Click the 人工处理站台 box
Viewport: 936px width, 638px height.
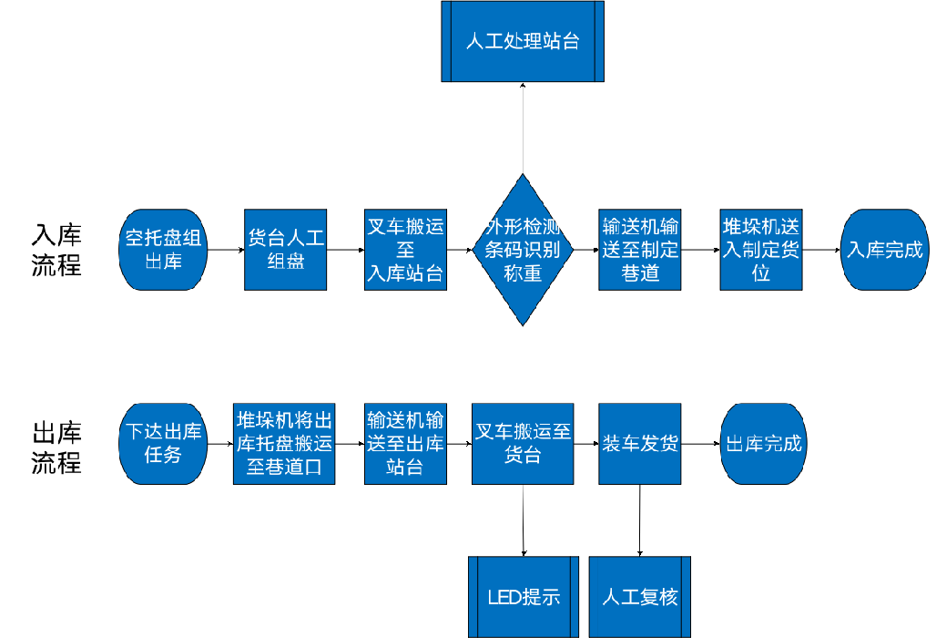point(523,41)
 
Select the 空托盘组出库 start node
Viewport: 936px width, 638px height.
point(163,250)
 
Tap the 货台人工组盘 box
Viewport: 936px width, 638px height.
point(285,250)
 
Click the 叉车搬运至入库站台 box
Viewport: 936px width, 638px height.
point(405,250)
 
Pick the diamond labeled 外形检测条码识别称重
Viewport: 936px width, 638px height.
point(523,250)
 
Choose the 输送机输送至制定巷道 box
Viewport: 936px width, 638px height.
point(640,250)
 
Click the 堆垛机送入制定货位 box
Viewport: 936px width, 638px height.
point(760,250)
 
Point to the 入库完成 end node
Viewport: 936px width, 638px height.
point(884,250)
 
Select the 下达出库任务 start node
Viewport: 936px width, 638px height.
point(163,443)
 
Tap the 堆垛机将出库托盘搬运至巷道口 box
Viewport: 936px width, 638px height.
point(284,444)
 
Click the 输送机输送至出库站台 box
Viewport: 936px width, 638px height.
point(405,444)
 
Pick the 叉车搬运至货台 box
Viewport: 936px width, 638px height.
point(523,444)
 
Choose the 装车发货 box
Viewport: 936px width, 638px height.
point(640,444)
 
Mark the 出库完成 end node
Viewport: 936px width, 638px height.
point(763,444)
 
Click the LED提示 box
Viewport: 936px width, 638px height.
point(524,597)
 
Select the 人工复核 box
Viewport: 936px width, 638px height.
point(640,597)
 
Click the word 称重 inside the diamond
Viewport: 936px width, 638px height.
point(523,273)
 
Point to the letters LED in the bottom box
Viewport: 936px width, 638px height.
point(504,598)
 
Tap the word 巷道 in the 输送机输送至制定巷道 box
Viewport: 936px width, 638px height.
point(640,273)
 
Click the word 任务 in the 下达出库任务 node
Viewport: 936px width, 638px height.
point(163,454)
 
